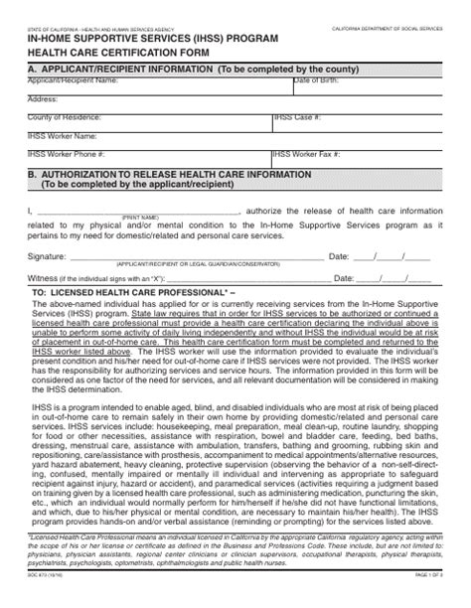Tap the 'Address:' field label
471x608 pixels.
44,99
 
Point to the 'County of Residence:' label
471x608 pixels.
65,117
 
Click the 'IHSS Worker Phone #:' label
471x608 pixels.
67,154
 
